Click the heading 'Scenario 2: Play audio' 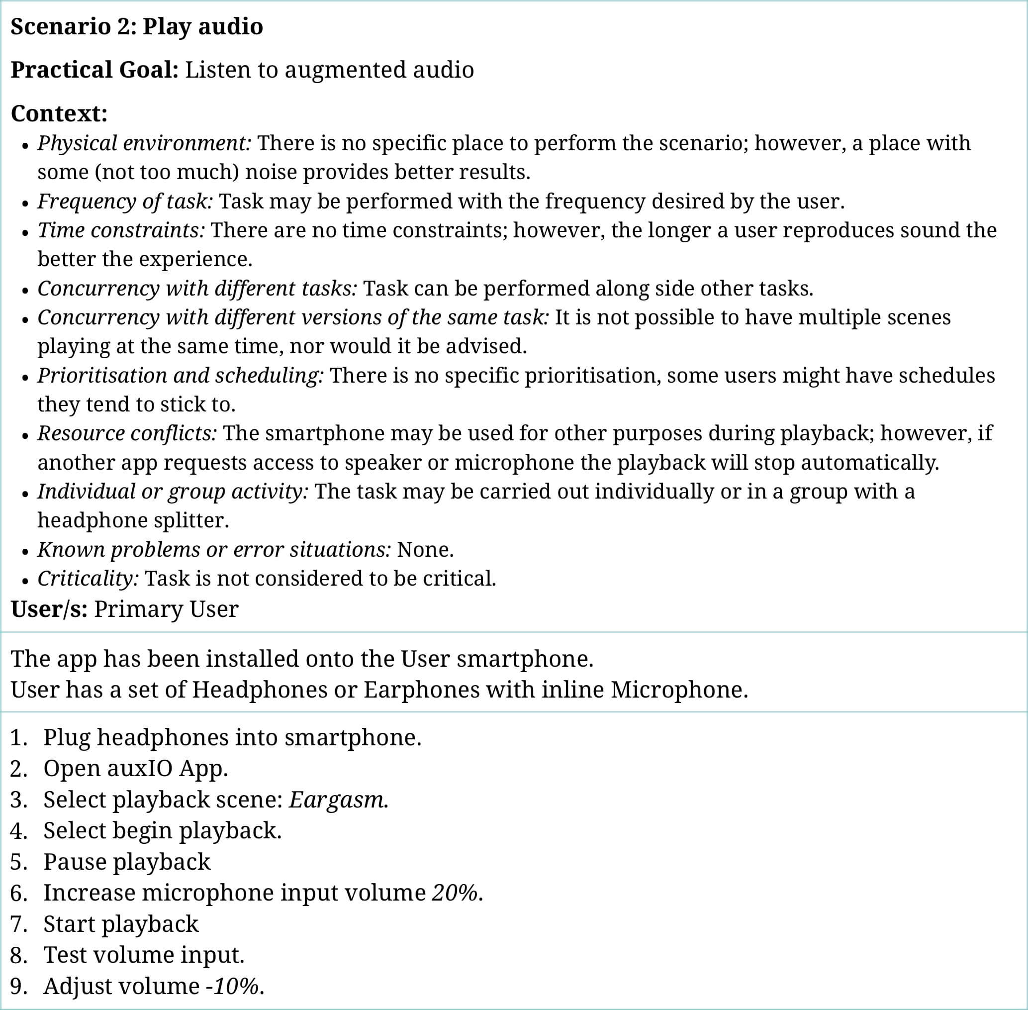click(136, 26)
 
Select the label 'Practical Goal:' click(94, 70)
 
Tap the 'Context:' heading click(59, 113)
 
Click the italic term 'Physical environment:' click(144, 143)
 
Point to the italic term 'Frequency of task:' click(125, 201)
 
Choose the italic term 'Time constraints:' click(121, 230)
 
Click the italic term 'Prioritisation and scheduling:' click(180, 376)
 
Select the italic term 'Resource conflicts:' click(127, 433)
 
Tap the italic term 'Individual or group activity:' click(172, 491)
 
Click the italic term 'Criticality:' click(88, 578)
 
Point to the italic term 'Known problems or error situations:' click(214, 550)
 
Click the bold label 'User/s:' click(49, 609)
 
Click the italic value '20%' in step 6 click(455, 893)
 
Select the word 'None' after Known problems click(423, 550)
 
